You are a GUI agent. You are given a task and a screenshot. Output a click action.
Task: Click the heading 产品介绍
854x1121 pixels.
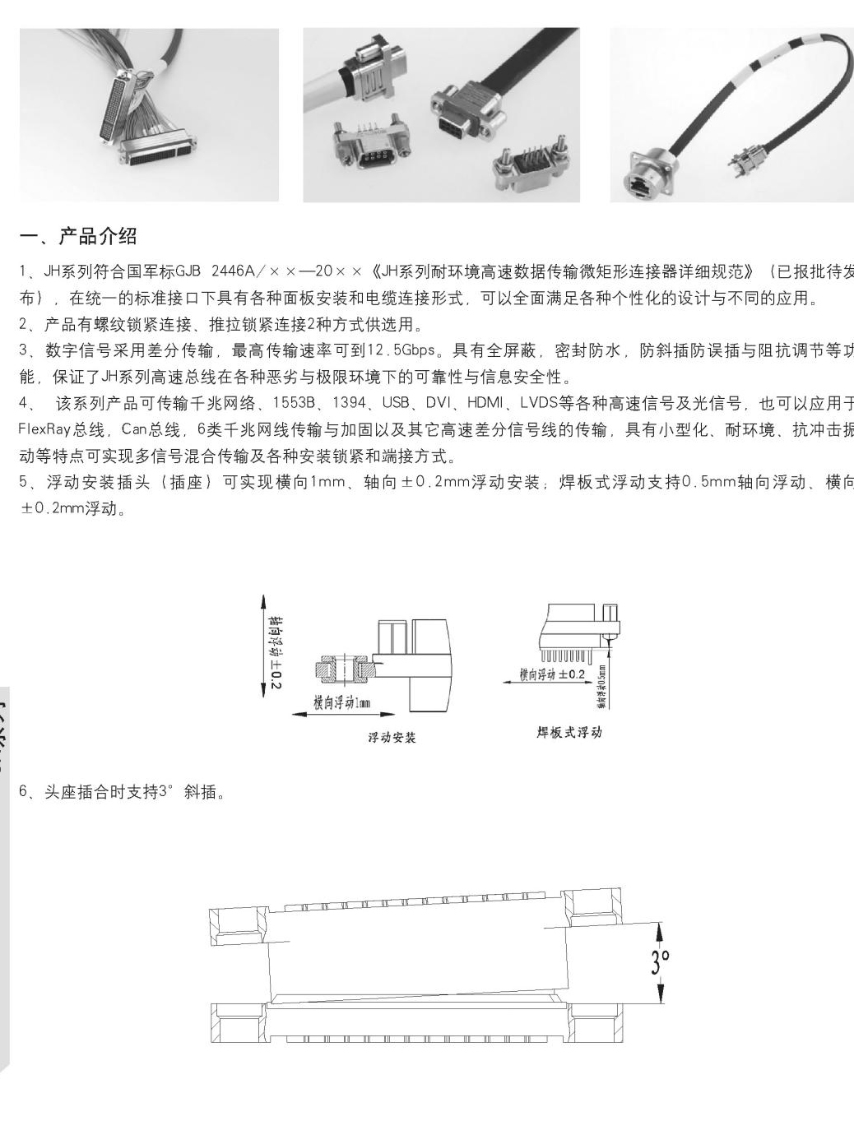[97, 238]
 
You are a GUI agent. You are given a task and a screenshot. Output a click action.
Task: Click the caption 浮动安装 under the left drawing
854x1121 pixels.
[392, 738]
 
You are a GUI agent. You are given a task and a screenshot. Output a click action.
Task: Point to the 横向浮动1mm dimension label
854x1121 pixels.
[342, 703]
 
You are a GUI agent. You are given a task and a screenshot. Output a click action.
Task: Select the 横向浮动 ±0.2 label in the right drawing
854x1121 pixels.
[551, 675]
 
